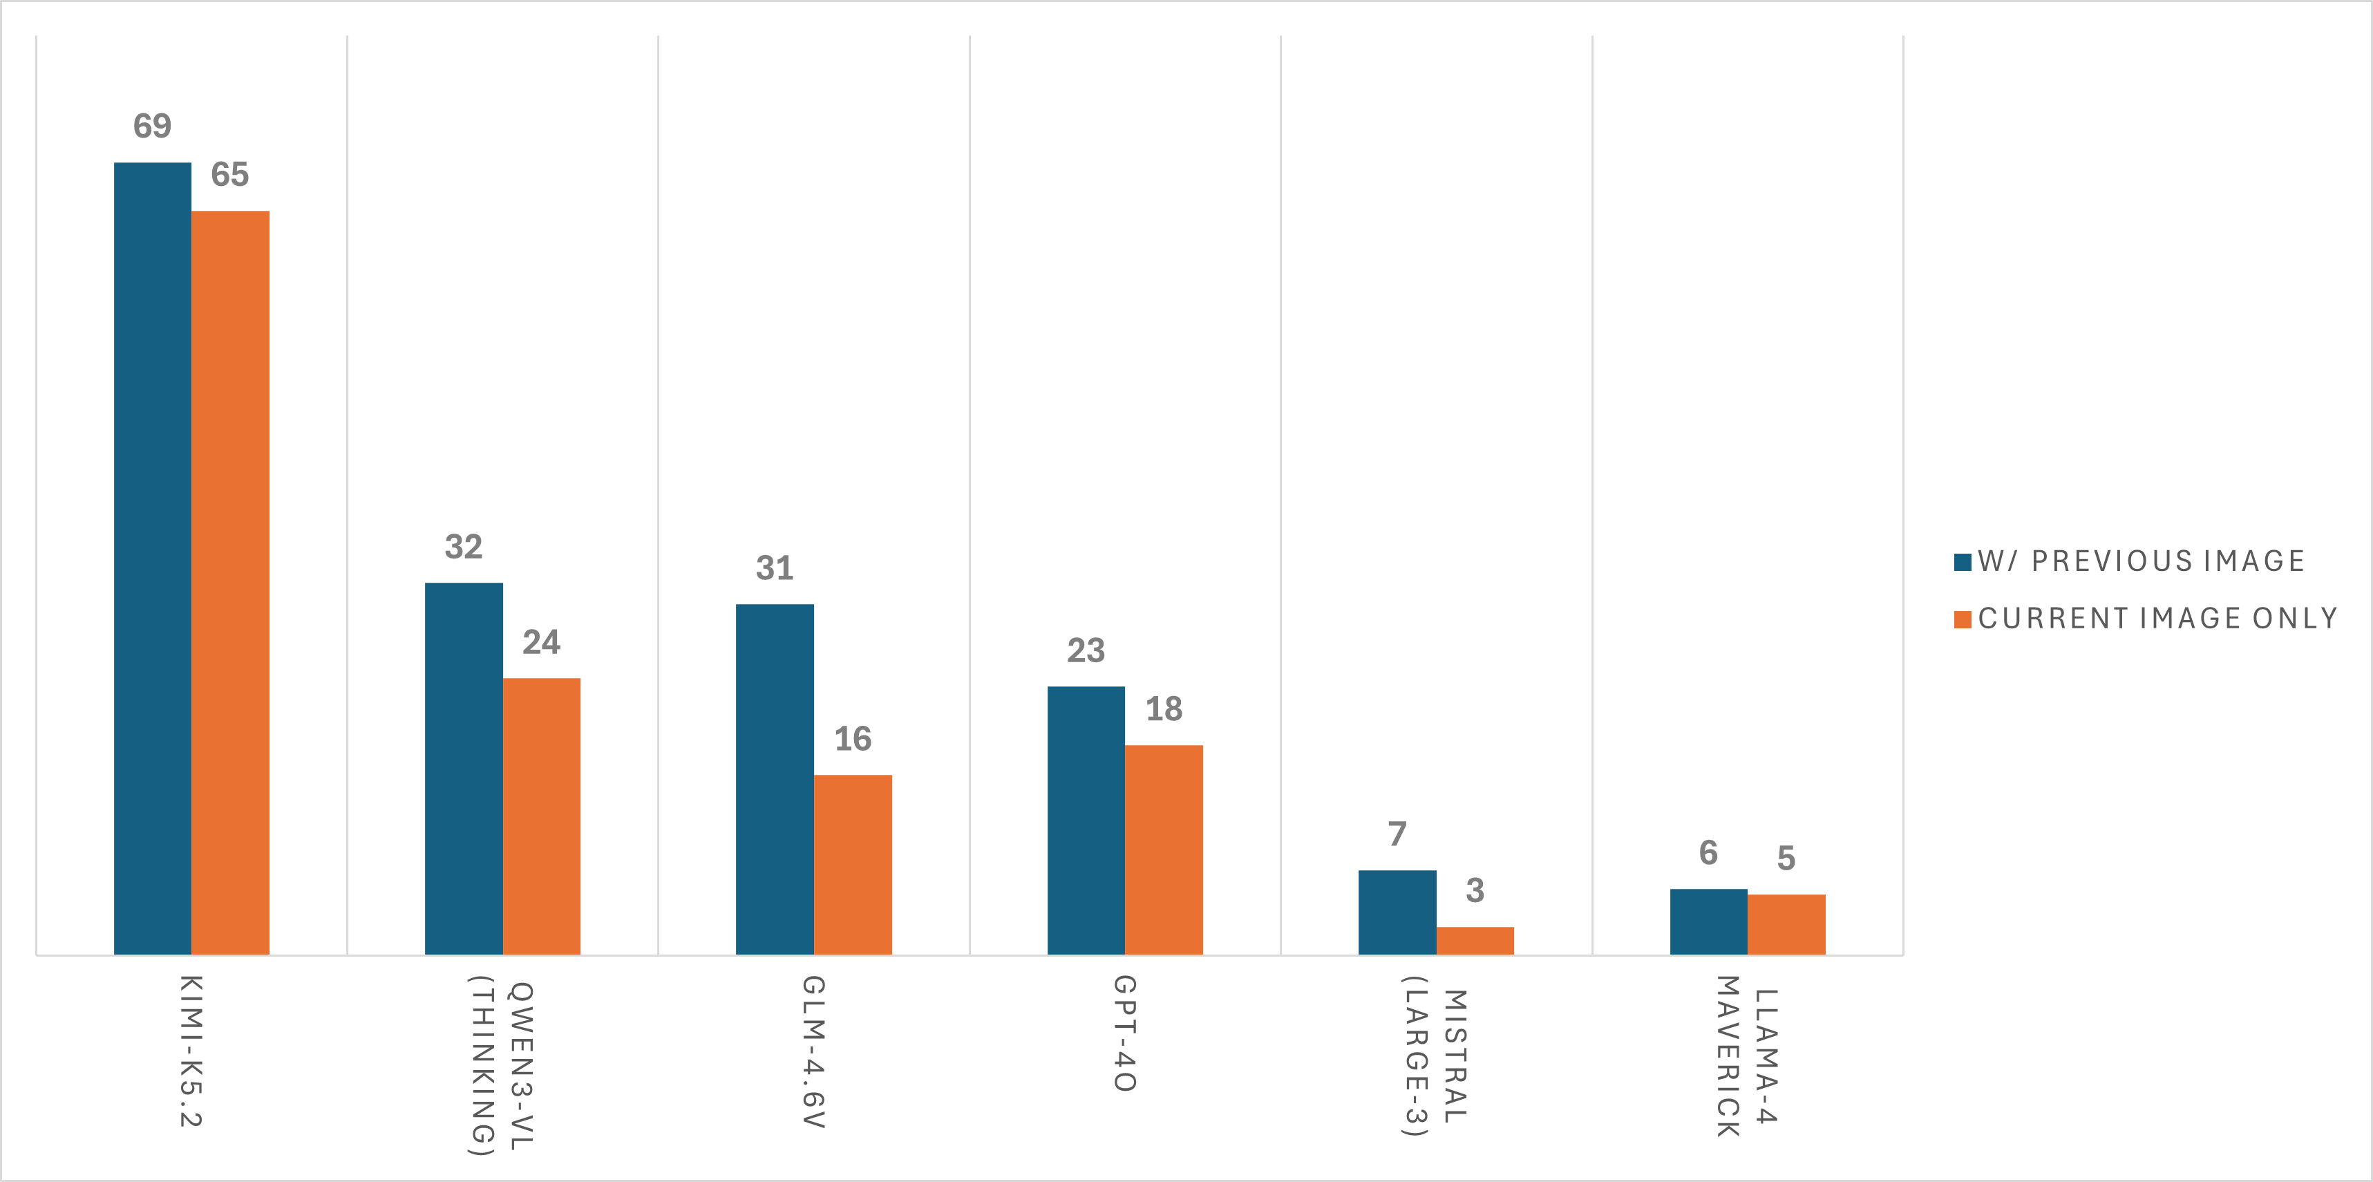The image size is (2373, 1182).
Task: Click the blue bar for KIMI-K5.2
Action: point(152,557)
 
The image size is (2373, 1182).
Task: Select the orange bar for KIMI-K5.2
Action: point(230,582)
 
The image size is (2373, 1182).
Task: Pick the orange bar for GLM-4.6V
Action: point(852,864)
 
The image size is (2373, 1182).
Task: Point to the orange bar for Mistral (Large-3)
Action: point(1475,941)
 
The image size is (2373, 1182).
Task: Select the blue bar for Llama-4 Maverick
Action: point(1708,921)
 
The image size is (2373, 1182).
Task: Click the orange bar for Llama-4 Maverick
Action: point(1786,924)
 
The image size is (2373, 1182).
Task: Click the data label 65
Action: point(230,175)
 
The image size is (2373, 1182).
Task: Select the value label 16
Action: point(852,739)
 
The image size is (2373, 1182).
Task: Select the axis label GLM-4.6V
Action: point(813,1052)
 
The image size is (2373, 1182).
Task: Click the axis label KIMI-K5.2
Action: point(191,1051)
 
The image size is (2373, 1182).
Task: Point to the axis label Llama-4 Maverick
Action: point(1747,1057)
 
